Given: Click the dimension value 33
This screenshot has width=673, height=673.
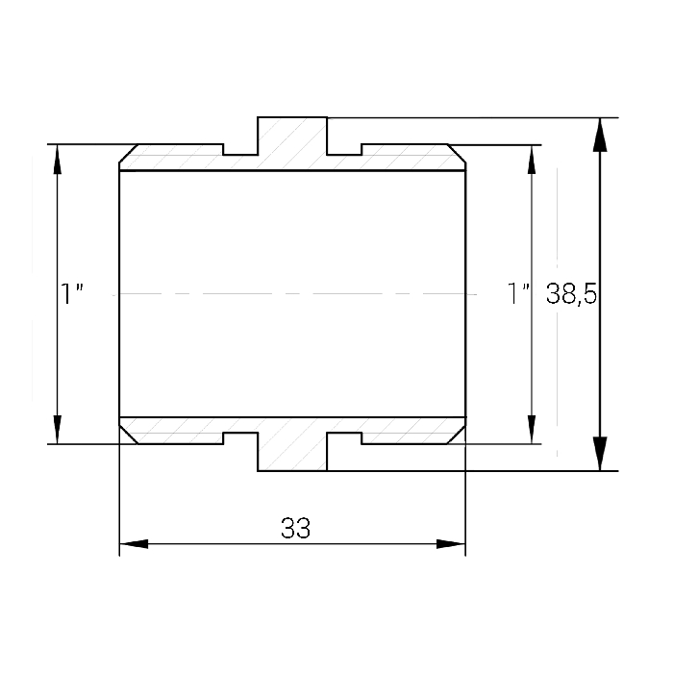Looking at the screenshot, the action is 295,528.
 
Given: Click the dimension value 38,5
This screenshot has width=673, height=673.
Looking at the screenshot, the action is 571,294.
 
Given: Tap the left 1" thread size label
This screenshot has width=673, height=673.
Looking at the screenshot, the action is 72,293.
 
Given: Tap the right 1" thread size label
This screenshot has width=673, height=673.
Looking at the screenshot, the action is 518,293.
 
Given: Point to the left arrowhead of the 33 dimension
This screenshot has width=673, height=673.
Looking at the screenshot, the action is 134,544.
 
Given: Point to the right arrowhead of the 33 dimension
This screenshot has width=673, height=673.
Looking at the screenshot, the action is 451,544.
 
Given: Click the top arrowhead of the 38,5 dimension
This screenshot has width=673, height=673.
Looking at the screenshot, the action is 600,135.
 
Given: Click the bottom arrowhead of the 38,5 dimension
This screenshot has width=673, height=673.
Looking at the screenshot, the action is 600,454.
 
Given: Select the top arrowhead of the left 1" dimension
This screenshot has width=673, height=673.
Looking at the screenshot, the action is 57,160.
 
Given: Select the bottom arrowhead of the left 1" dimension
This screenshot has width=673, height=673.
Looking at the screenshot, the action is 57,429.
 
